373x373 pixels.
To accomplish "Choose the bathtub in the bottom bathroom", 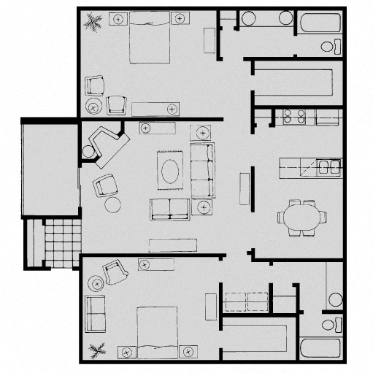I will pyautogui.click(x=319, y=347).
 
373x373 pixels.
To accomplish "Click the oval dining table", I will pyautogui.click(x=301, y=217).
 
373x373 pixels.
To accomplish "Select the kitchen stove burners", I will pyautogui.click(x=293, y=115).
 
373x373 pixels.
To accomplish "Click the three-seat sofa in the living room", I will pyautogui.click(x=203, y=170).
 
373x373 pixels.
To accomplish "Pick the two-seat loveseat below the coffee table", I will pyautogui.click(x=169, y=209).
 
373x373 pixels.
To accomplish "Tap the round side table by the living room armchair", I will pyautogui.click(x=112, y=204).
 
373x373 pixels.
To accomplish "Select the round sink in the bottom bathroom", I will pyautogui.click(x=335, y=299).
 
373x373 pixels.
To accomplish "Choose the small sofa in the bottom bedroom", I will pyautogui.click(x=95, y=314).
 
